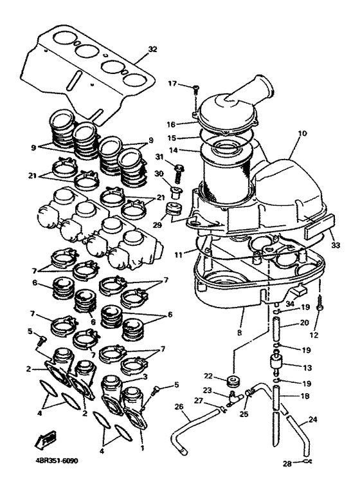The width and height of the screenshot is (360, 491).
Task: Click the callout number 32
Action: (152, 50)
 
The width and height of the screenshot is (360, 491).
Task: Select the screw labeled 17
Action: (196, 88)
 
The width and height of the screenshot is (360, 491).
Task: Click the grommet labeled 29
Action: (174, 210)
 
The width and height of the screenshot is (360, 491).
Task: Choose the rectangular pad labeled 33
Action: (320, 223)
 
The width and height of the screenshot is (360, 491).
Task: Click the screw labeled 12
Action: (319, 304)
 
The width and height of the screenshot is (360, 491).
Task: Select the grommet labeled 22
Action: (233, 381)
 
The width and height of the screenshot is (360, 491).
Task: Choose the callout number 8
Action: (240, 333)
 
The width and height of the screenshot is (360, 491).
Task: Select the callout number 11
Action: (178, 255)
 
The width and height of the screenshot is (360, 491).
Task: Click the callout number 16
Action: (171, 124)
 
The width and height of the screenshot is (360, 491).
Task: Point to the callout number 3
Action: (145, 376)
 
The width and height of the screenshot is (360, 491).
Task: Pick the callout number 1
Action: (143, 449)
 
